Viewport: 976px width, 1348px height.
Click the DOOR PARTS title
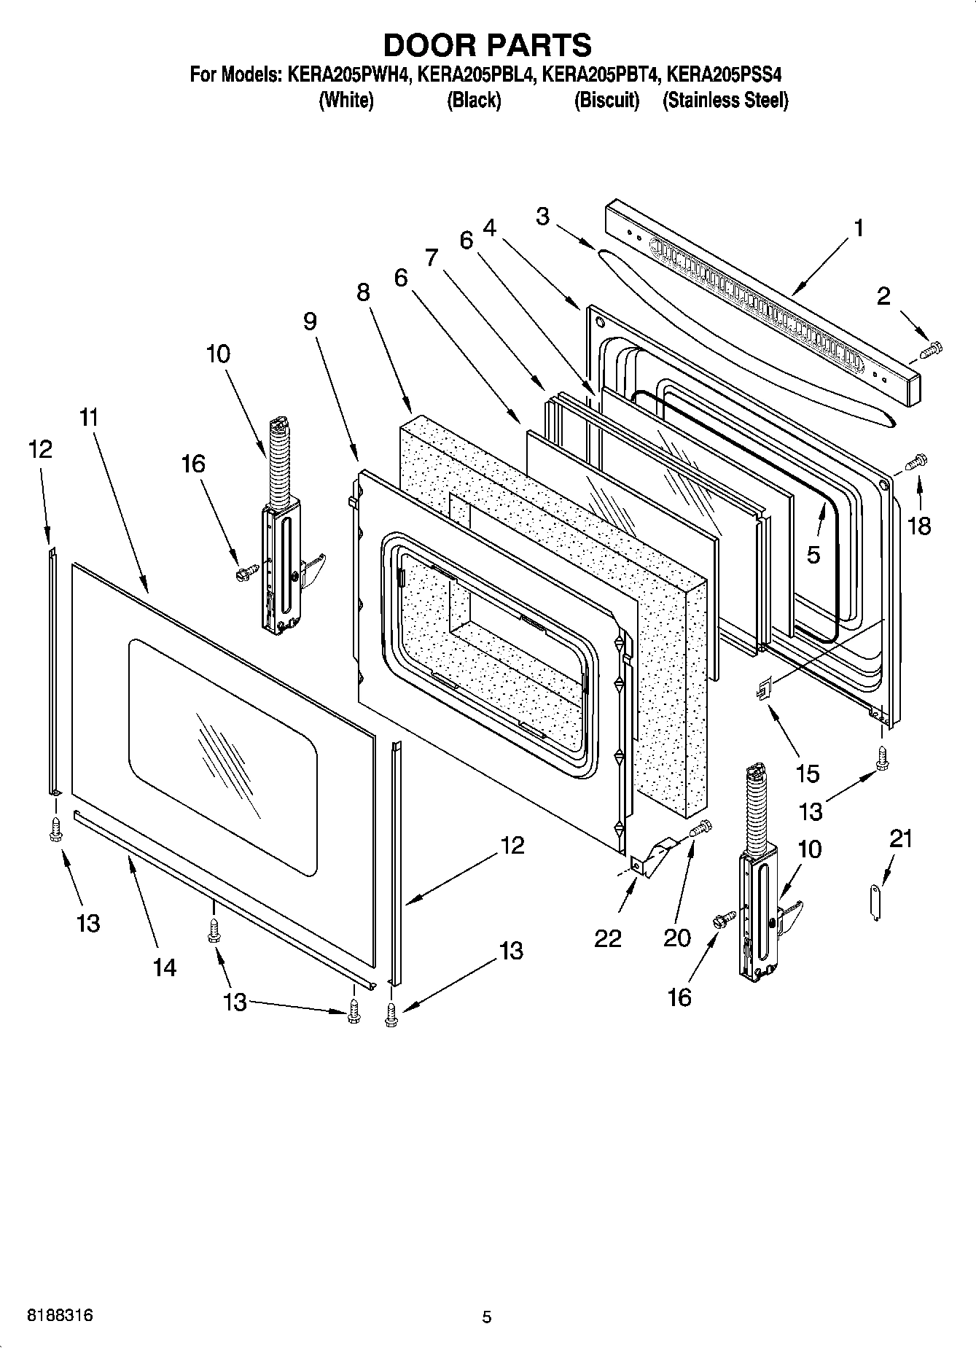tap(487, 45)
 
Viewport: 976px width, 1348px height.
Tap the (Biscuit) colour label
tap(606, 101)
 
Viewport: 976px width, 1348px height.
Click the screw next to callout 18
tap(916, 461)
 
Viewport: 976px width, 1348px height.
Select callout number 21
tap(901, 839)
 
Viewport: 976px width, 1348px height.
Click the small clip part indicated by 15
tap(763, 687)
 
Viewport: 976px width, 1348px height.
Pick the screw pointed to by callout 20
tap(701, 827)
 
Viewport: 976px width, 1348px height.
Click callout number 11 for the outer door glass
tap(89, 418)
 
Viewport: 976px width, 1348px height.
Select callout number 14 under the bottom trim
tap(165, 967)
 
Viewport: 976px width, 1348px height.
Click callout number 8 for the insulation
tap(363, 292)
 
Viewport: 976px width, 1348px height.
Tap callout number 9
tap(311, 322)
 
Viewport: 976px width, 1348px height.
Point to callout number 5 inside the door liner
tap(813, 555)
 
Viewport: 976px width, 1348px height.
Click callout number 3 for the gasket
tap(542, 217)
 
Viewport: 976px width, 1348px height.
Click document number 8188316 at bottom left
tap(60, 1316)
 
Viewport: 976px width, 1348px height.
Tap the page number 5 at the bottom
tap(487, 1317)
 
